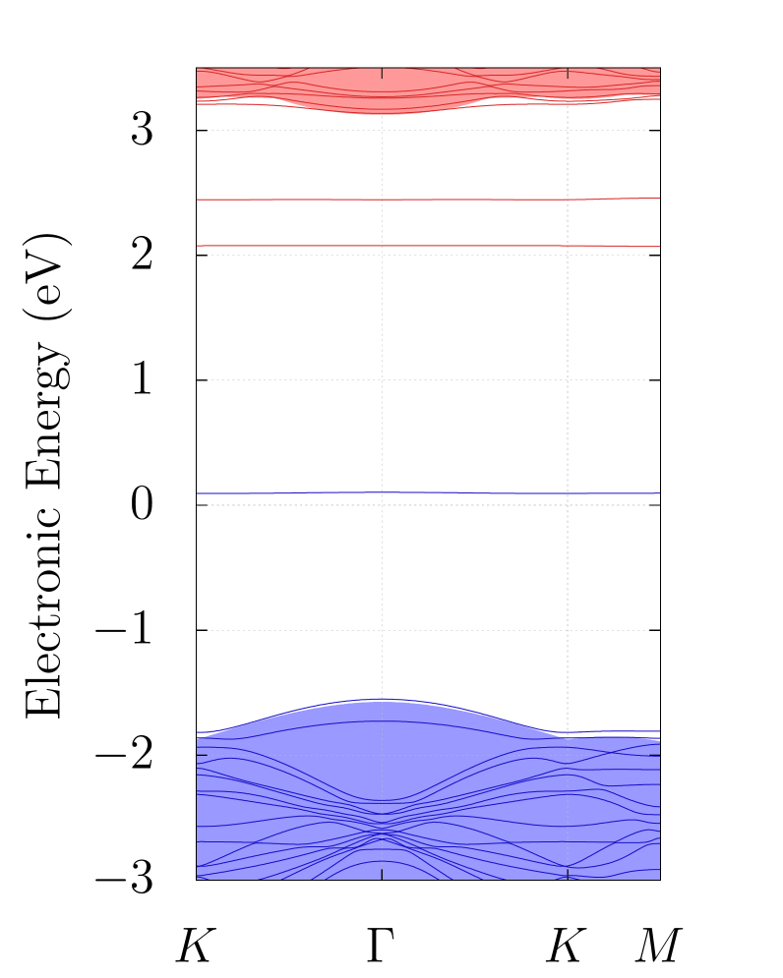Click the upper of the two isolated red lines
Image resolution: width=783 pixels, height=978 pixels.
pyautogui.click(x=295, y=200)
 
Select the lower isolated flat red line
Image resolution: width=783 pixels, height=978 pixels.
pyautogui.click(x=295, y=246)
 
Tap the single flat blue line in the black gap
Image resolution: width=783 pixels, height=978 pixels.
pyautogui.click(x=295, y=493)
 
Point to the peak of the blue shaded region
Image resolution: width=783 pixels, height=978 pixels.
pyautogui.click(x=382, y=700)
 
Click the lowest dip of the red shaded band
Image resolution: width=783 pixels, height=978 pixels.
pyautogui.click(x=382, y=114)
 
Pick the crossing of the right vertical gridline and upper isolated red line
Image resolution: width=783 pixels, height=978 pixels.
pyautogui.click(x=568, y=200)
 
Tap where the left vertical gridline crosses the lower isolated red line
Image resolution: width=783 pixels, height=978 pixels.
pyautogui.click(x=382, y=246)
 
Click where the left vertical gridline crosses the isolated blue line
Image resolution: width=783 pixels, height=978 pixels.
pyautogui.click(x=382, y=492)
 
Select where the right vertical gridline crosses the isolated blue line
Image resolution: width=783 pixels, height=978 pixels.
pyautogui.click(x=568, y=493)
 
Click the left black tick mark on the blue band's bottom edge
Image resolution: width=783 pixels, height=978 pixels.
pyautogui.click(x=382, y=875)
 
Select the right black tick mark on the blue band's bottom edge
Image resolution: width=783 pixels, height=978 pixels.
pyautogui.click(x=568, y=875)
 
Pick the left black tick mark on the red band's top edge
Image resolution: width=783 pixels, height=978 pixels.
pyautogui.click(x=382, y=73)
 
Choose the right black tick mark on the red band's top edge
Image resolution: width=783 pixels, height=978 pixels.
pyautogui.click(x=568, y=73)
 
